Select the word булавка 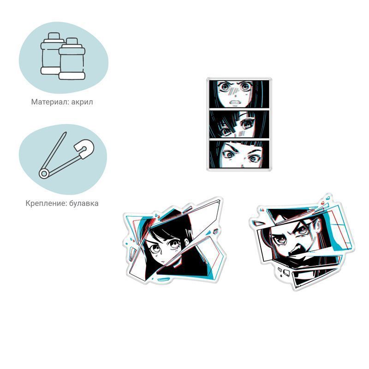pos(84,203)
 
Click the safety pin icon pos(66,155)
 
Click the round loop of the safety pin pos(44,174)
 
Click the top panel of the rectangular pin pos(239,94)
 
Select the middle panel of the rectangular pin pos(239,124)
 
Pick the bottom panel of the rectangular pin pos(239,155)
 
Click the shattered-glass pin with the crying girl pos(174,241)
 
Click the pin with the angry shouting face pos(303,243)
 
